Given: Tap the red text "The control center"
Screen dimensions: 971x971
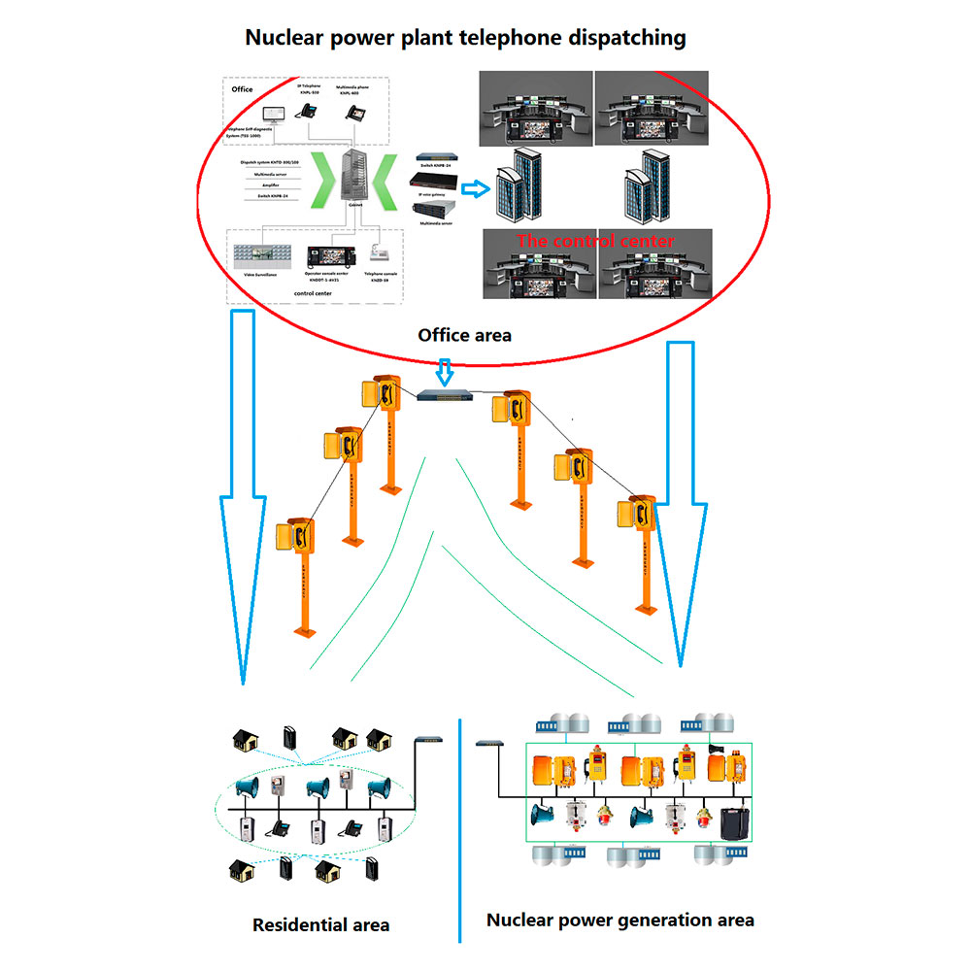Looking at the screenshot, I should click(594, 241).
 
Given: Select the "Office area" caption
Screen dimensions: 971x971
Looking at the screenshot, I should click(464, 335).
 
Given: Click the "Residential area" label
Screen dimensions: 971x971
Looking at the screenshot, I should click(320, 924).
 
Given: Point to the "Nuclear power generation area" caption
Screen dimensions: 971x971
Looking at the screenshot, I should click(619, 920).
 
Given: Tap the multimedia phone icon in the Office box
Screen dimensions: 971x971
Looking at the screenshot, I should click(355, 113).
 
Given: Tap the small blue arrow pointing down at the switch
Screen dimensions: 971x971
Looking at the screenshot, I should click(444, 371).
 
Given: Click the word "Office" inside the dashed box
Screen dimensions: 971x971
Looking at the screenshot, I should click(242, 89).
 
